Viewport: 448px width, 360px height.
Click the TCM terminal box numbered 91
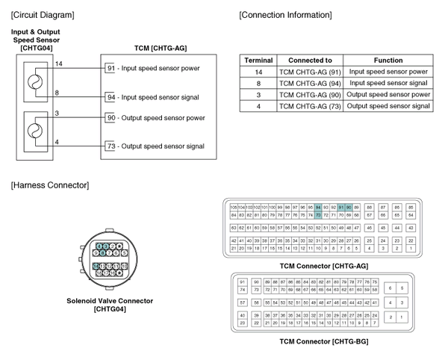[x=109, y=68]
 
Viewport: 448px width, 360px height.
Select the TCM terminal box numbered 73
[x=109, y=146]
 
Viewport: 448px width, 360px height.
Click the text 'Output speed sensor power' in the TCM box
[x=160, y=118]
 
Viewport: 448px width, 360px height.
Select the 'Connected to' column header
[x=309, y=60]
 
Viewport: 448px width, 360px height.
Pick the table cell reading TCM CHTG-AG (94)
[x=309, y=83]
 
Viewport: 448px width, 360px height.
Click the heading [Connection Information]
[x=285, y=15]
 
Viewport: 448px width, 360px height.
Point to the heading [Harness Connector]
[x=50, y=184]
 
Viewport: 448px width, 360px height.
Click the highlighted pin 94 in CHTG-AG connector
[x=318, y=207]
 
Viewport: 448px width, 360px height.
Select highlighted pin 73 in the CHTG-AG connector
[x=318, y=214]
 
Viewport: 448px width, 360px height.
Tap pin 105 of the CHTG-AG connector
[x=234, y=207]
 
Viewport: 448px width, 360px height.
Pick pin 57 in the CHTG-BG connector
[x=242, y=302]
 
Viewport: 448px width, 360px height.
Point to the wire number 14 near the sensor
[x=57, y=64]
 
